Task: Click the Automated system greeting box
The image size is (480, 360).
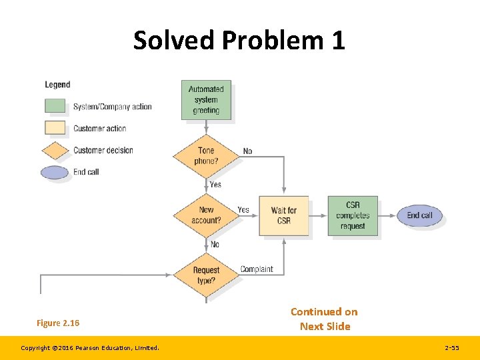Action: point(206,100)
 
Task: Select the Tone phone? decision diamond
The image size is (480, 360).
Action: point(206,155)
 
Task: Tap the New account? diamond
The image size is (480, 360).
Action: point(206,215)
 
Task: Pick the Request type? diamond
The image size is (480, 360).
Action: point(206,275)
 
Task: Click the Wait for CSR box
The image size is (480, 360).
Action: point(284,215)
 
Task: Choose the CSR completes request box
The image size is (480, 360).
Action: point(353,215)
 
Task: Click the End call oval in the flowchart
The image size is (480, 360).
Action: point(419,215)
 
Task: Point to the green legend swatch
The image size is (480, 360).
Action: point(55,106)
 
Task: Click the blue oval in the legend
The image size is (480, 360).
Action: point(55,172)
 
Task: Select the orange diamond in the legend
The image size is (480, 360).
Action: point(55,150)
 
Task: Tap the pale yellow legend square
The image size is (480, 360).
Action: point(55,128)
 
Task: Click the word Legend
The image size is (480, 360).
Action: point(57,85)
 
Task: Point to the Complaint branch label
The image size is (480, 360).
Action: point(257,269)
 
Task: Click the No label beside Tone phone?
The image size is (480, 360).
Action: point(247,151)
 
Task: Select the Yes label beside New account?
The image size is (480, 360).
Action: point(243,209)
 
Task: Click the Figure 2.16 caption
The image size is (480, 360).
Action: point(58,323)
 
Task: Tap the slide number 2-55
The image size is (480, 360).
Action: point(451,348)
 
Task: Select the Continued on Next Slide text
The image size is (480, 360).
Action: point(324,319)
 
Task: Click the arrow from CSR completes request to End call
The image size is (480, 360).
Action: point(387,215)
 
